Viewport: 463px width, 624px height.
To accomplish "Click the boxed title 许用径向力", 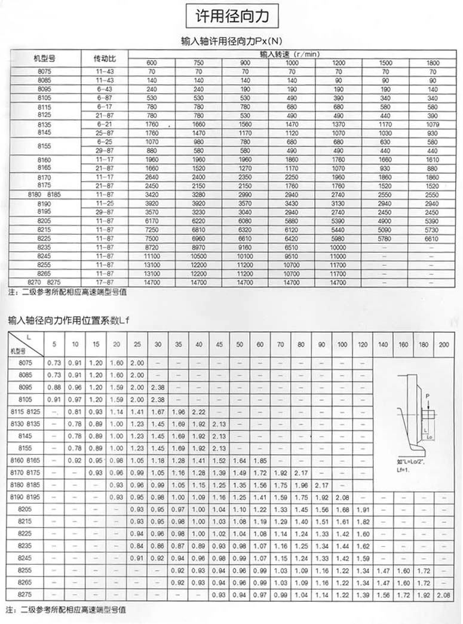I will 232,16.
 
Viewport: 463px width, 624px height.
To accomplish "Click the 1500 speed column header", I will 385,63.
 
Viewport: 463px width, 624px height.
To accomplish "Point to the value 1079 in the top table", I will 433,124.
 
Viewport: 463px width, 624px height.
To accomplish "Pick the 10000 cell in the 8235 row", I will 338,247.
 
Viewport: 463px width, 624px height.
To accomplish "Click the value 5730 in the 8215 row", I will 433,230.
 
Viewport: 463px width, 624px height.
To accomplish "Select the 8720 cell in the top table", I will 151,247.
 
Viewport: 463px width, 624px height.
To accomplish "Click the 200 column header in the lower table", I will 444,344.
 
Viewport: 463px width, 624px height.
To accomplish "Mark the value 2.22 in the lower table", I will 199,412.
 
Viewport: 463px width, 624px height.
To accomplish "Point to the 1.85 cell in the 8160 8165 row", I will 260,460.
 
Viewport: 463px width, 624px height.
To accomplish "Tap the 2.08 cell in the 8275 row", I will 444,596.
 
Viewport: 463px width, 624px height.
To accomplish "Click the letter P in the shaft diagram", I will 428,395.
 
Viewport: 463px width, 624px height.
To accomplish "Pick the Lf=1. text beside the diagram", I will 406,470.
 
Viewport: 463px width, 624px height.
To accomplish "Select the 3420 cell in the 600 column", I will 151,195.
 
